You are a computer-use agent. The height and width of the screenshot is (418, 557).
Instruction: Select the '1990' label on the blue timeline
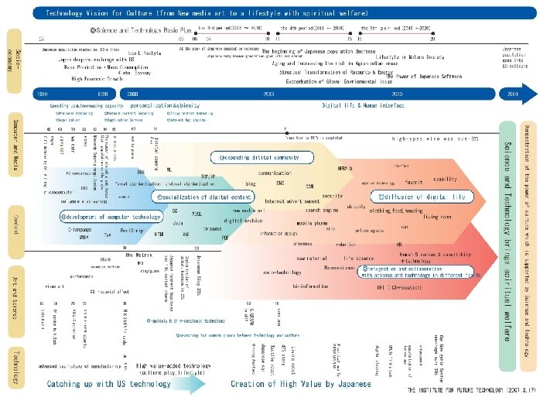101,93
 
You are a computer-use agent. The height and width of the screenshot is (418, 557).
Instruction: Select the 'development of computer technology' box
101,217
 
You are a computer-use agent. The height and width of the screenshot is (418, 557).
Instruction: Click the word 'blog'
250,184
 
